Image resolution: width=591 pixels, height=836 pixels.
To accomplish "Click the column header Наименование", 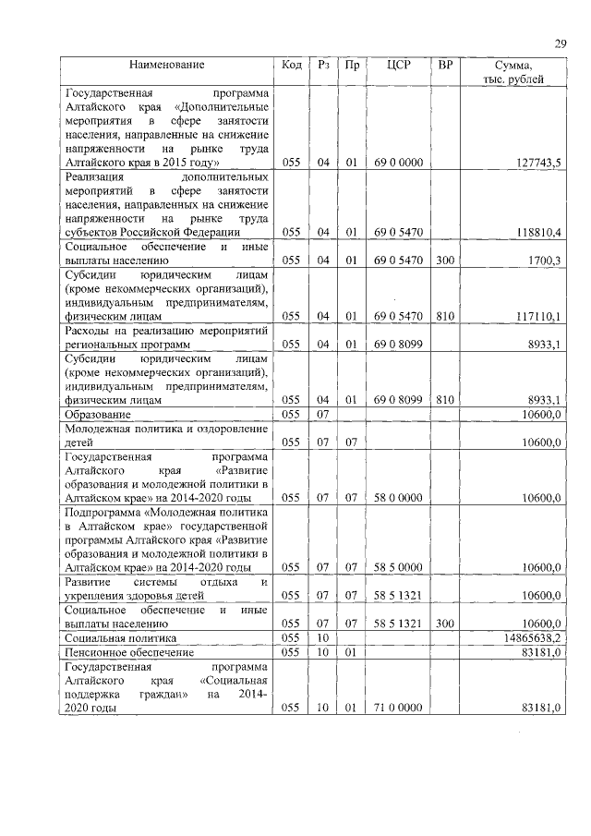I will pyautogui.click(x=167, y=66).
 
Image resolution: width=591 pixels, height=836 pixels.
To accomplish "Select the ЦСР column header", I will pyautogui.click(x=399, y=66).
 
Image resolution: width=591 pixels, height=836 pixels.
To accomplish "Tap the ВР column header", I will pyautogui.click(x=445, y=66).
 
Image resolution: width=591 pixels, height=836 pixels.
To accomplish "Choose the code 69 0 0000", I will pyautogui.click(x=399, y=163).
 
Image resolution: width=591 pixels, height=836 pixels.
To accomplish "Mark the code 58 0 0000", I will pyautogui.click(x=399, y=498).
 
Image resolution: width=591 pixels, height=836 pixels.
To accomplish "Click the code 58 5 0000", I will pyautogui.click(x=399, y=567).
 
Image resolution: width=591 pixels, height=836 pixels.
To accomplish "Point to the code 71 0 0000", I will pyautogui.click(x=399, y=708).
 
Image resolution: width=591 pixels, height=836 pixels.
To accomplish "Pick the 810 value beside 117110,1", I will pyautogui.click(x=445, y=316).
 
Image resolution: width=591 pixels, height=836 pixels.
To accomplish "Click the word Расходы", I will pyautogui.click(x=86, y=331).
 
